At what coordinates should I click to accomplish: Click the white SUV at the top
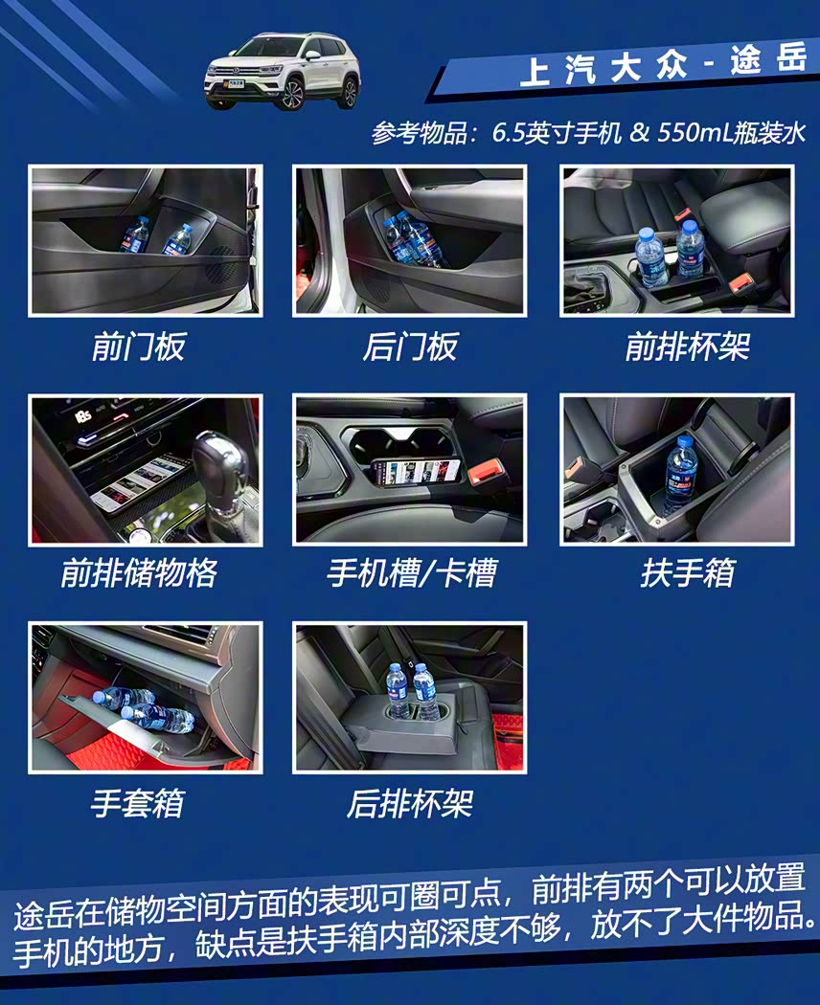[283, 71]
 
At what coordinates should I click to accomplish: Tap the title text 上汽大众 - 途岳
[663, 65]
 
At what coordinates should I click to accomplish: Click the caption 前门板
[139, 346]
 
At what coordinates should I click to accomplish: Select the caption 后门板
[410, 346]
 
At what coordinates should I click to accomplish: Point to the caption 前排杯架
[687, 346]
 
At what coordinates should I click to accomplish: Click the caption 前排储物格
[139, 572]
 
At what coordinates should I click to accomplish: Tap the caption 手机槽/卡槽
[411, 572]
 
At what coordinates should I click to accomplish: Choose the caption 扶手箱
[687, 572]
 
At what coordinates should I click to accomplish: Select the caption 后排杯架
[410, 803]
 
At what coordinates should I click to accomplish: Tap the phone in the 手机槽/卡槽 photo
[416, 473]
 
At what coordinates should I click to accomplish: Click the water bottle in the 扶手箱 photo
[680, 475]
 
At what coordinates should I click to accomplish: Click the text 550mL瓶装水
[731, 133]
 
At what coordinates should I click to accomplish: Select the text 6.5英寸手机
[557, 133]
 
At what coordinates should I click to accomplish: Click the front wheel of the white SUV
[292, 95]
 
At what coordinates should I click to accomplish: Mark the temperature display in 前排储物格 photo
[82, 416]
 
